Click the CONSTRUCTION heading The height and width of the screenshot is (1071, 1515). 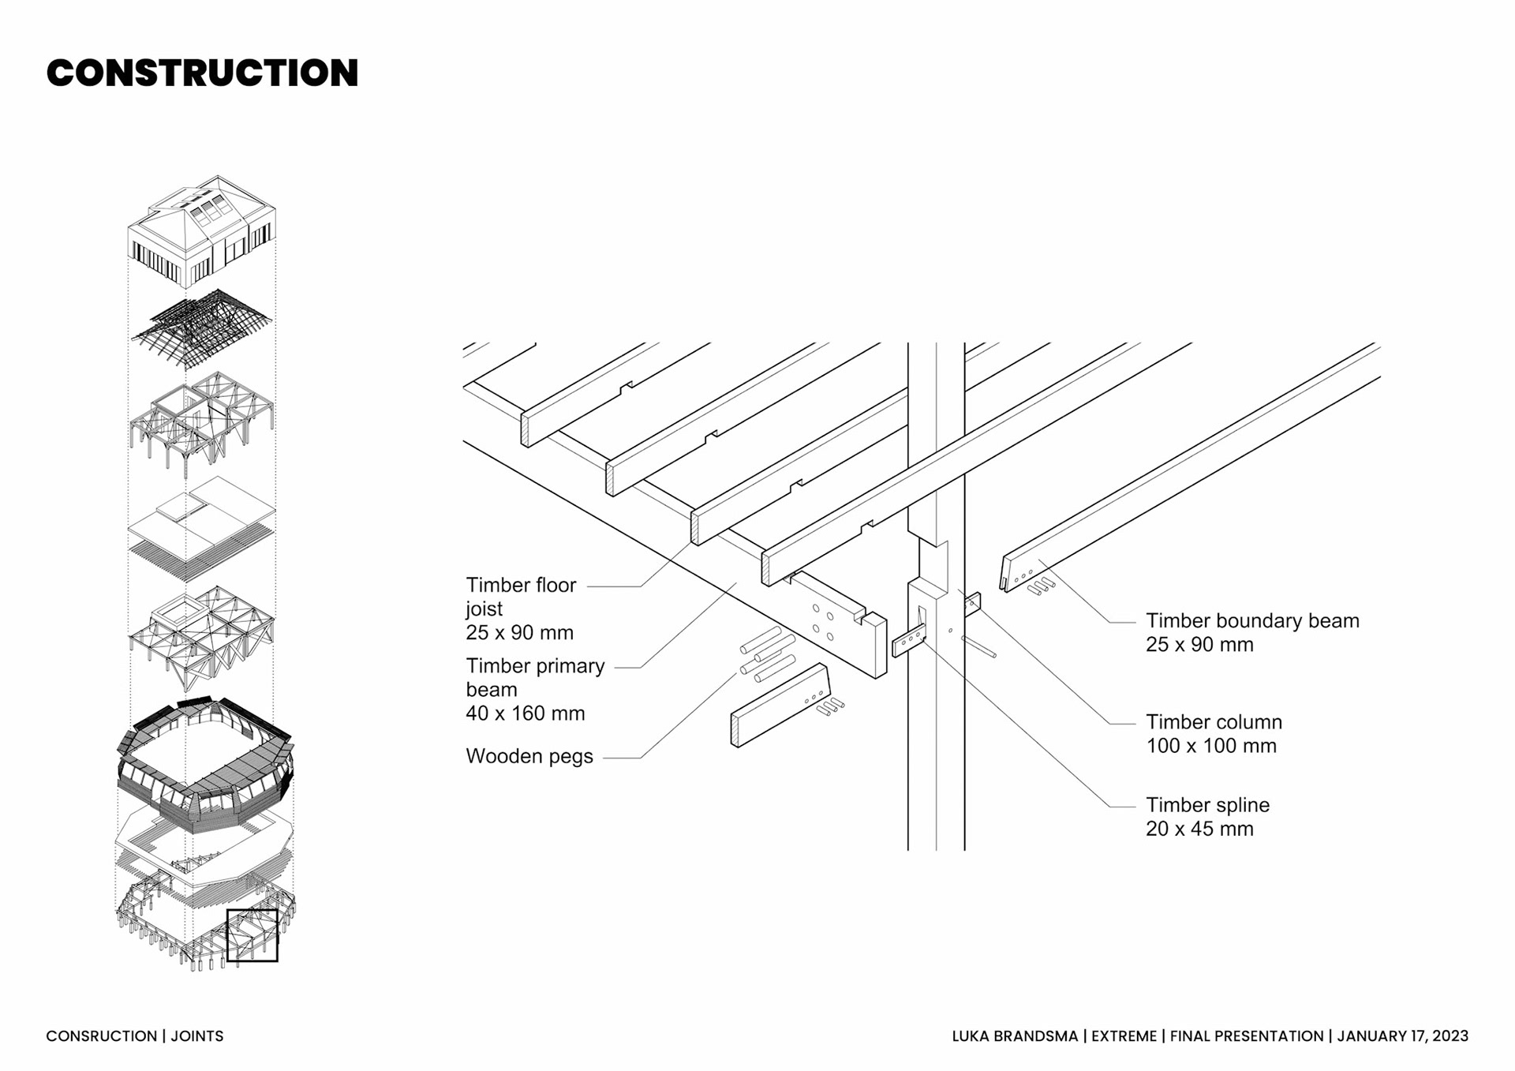tap(202, 73)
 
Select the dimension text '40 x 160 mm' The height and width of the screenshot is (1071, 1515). tap(526, 713)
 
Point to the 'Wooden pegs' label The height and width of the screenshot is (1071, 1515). tap(529, 756)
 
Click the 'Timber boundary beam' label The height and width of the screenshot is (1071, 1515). tap(1252, 621)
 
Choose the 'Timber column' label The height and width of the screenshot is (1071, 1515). tap(1214, 722)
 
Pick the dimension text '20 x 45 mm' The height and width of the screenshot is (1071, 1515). tap(1199, 829)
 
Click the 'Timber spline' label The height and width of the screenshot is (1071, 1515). tap(1207, 805)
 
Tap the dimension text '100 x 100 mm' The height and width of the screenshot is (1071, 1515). tap(1211, 746)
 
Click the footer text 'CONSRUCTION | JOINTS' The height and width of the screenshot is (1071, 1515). tap(135, 1036)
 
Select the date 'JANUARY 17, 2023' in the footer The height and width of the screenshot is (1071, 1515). tap(1402, 1036)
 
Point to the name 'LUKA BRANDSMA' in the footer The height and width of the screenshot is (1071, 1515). tap(1015, 1036)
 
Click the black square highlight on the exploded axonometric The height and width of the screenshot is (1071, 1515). tap(252, 935)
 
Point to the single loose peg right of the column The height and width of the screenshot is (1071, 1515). tap(978, 647)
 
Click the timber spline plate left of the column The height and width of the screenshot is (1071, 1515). tap(908, 642)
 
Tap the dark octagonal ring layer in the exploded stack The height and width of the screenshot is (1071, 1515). tap(205, 762)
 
